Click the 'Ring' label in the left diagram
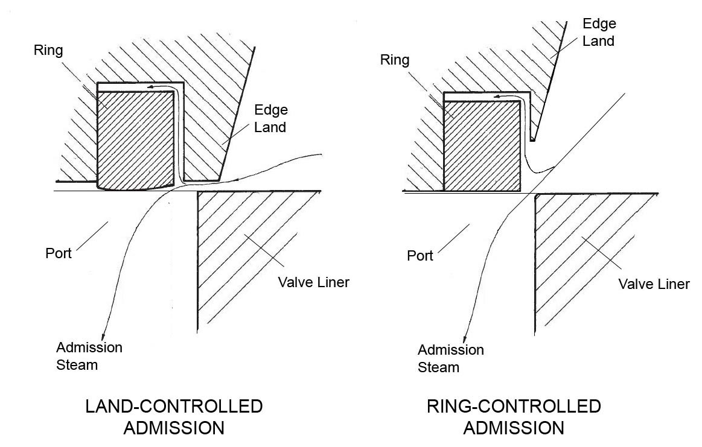tap(48, 49)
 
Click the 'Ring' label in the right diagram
tap(395, 60)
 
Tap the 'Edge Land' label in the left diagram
tap(270, 119)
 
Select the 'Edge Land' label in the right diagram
tap(598, 33)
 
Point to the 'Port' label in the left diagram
tap(59, 253)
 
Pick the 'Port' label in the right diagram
tap(420, 256)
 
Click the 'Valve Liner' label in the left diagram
tap(313, 282)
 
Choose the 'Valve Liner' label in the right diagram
tap(654, 284)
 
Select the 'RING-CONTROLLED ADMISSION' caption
tap(514, 417)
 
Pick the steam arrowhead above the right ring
tap(497, 95)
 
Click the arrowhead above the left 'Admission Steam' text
tap(105, 335)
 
